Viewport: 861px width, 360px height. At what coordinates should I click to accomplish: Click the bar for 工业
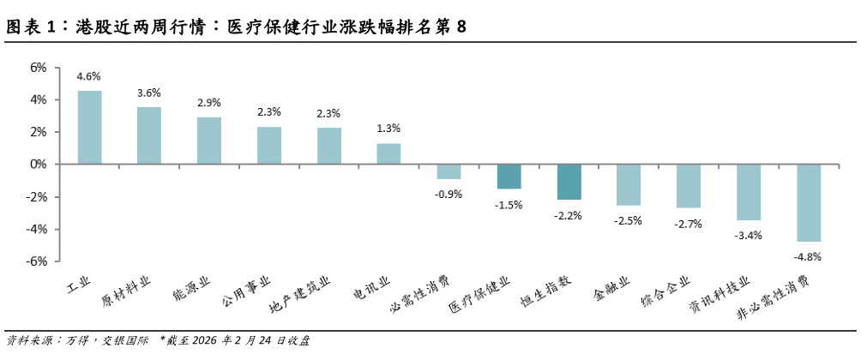click(90, 127)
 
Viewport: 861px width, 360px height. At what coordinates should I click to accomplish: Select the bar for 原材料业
click(149, 135)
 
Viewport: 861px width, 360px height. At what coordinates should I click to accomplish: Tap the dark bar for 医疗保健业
click(509, 177)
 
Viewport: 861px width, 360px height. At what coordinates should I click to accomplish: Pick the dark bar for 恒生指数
click(569, 182)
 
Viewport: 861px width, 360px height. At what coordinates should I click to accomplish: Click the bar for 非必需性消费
click(809, 202)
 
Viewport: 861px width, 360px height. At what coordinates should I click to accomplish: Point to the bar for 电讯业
click(388, 153)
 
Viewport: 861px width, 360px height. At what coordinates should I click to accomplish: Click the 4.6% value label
click(89, 76)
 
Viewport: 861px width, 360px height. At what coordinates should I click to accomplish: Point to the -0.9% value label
click(449, 194)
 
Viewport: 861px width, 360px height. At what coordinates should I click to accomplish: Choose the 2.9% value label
click(209, 103)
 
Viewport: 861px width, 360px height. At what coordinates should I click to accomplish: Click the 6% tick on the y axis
click(39, 67)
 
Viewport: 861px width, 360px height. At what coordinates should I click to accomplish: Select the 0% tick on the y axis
click(39, 164)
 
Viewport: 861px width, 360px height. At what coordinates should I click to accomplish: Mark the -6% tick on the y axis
click(38, 261)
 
